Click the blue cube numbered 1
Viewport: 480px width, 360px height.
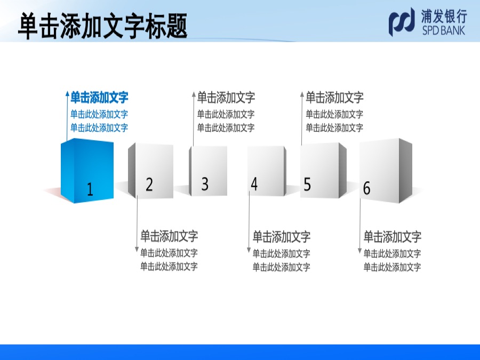pyautogui.click(x=87, y=171)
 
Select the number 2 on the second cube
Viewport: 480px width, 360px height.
pyautogui.click(x=149, y=185)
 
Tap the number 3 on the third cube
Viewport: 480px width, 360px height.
pyautogui.click(x=205, y=183)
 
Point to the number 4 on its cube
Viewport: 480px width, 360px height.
pyautogui.click(x=254, y=183)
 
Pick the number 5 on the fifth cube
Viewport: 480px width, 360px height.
pyautogui.click(x=307, y=185)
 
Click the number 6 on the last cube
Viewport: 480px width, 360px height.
pyautogui.click(x=366, y=188)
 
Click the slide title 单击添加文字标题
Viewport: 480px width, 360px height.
pyautogui.click(x=102, y=26)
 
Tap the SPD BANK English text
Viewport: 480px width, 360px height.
pyautogui.click(x=444, y=30)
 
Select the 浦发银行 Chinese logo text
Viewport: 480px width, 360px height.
pyautogui.click(x=444, y=16)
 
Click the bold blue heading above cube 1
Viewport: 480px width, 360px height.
pyautogui.click(x=99, y=98)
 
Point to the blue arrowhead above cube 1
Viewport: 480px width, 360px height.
pyautogui.click(x=67, y=93)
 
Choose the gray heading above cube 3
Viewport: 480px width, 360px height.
pyautogui.click(x=226, y=98)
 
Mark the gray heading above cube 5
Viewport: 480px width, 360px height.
pyautogui.click(x=334, y=98)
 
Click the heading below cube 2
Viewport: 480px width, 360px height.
pyautogui.click(x=169, y=236)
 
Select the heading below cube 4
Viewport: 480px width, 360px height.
pyautogui.click(x=281, y=237)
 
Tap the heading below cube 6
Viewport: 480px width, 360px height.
pyautogui.click(x=392, y=237)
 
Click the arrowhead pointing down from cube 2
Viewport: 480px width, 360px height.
pyautogui.click(x=137, y=250)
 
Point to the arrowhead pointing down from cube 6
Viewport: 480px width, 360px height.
pyautogui.click(x=359, y=251)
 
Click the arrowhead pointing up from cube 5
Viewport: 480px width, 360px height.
pyautogui.click(x=302, y=94)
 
